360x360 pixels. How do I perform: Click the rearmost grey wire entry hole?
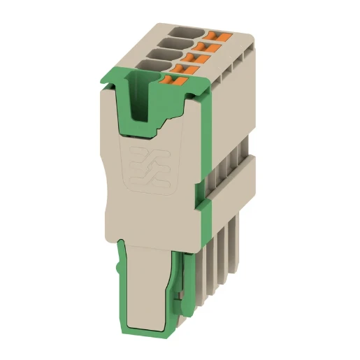[184, 31]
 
